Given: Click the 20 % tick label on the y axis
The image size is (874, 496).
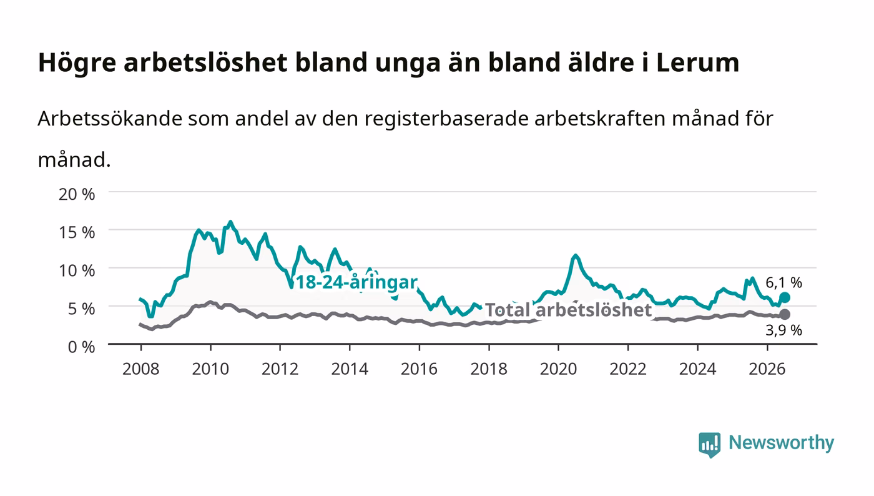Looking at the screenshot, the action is pos(77,194).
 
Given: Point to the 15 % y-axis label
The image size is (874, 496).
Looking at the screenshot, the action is pos(77,232).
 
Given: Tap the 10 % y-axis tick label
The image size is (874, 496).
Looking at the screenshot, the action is pos(77,270).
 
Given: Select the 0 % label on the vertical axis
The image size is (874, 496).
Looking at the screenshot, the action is pos(82,347).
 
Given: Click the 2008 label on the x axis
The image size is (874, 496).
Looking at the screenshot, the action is pos(141,369).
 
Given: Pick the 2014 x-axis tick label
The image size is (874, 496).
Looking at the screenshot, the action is pos(350,369).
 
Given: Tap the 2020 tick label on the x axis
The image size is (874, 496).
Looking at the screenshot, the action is pos(558,369).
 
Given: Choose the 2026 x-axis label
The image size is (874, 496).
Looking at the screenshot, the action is pos(767,369).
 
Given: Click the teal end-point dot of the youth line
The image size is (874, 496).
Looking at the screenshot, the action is pos(785,297).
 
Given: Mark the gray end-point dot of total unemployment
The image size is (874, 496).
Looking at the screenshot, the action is pos(785,314).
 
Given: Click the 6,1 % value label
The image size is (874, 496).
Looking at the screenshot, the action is pos(783,282).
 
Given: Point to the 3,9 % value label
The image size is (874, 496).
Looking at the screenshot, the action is pos(783,330).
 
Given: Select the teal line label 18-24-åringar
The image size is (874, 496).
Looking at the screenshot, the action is pos(356,282).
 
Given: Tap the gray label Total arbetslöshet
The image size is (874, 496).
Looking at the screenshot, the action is pos(569,310).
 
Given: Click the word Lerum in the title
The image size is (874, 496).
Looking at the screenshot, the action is pos(698,62).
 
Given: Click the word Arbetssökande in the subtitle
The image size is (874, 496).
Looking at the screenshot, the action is pos(110,118).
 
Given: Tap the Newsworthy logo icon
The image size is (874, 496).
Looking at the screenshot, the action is pos(709,445).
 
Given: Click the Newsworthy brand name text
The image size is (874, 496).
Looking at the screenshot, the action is pos(781,443).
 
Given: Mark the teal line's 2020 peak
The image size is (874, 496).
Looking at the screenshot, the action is pos(575,255).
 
